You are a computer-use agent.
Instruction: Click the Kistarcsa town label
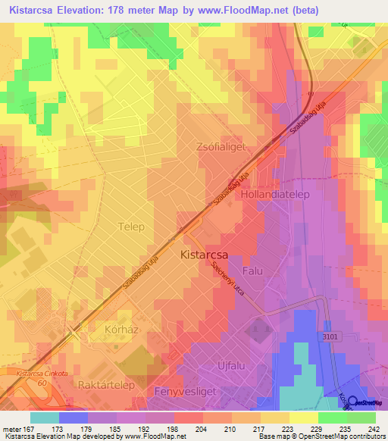(x=205, y=256)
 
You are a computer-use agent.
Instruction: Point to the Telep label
(x=131, y=226)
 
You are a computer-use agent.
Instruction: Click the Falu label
(x=252, y=271)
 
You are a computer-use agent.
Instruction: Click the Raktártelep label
(x=105, y=385)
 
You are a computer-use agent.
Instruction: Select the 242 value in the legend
(x=374, y=429)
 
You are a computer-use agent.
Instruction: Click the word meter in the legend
(x=13, y=429)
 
